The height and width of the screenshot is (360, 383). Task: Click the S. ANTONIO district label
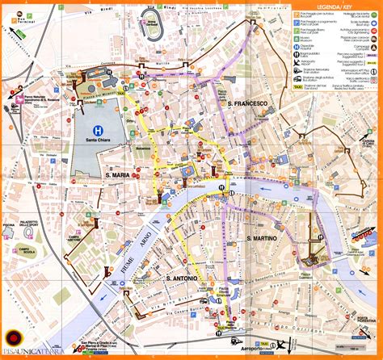click(185, 257)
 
